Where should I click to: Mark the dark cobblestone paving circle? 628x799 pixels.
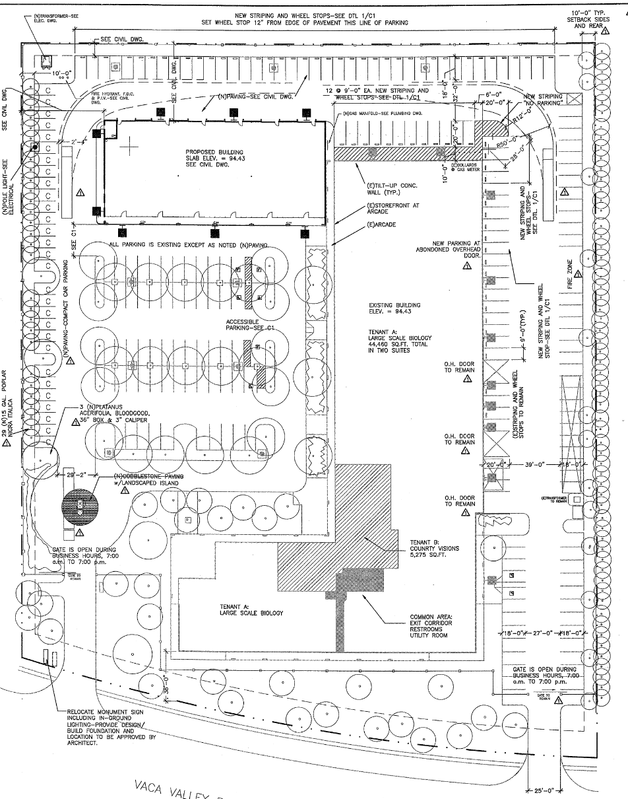(79, 506)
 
